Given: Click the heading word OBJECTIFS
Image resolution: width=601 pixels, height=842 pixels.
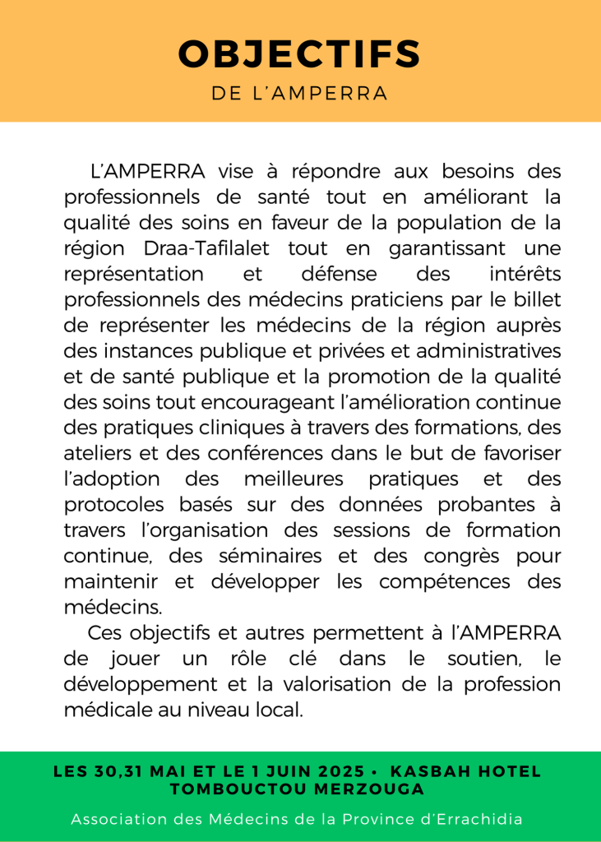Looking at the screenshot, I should (x=300, y=54).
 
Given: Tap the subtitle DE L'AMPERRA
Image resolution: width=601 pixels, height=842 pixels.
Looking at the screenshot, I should (x=300, y=93).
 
